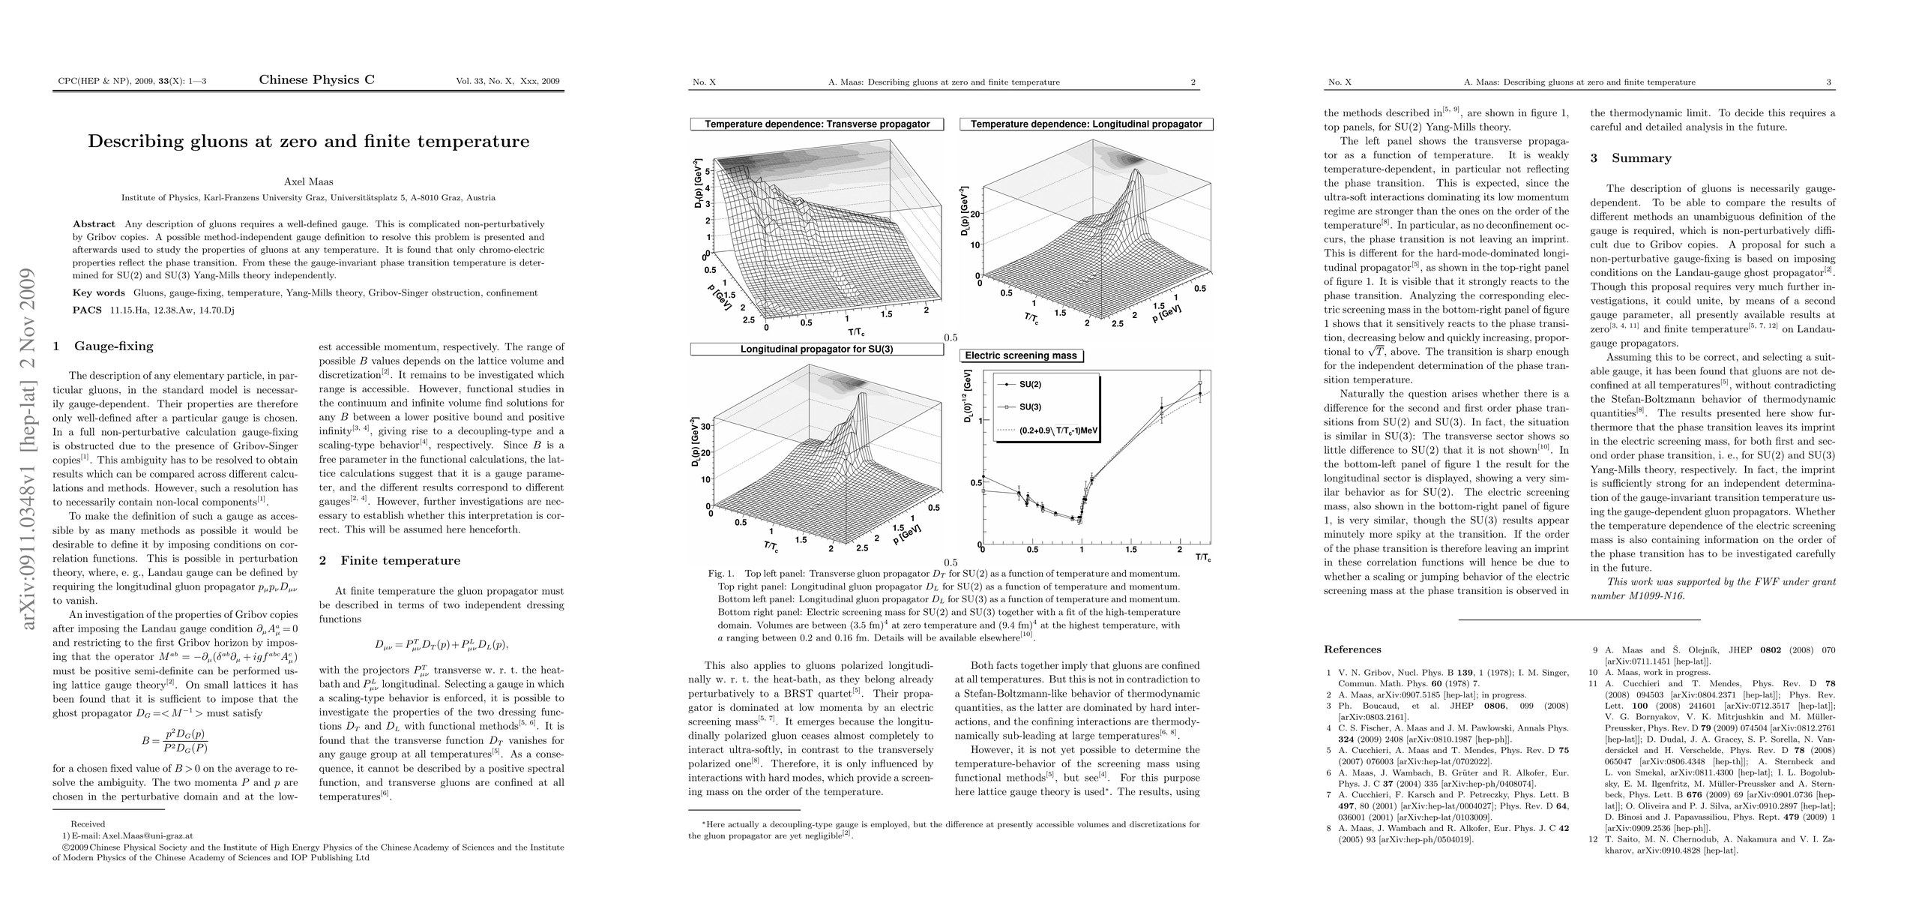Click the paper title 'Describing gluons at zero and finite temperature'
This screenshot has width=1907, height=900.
point(308,142)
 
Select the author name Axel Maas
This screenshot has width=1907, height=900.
point(308,181)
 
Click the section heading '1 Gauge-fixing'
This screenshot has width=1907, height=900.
point(103,346)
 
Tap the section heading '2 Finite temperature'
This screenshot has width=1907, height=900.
point(389,561)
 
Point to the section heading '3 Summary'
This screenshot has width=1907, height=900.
point(1620,158)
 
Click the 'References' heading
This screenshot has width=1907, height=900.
point(1352,649)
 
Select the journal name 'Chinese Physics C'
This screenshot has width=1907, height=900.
point(316,80)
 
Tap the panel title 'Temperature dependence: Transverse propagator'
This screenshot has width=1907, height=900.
point(816,124)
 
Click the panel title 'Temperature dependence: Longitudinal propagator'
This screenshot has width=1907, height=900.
point(1085,124)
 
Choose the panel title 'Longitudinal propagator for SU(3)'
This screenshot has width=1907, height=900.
point(816,349)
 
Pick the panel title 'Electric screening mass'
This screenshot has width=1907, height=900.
point(1020,356)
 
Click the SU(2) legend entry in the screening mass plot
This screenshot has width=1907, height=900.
point(1029,384)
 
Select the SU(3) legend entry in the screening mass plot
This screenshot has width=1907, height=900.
point(1029,407)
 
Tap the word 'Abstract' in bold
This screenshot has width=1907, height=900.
point(94,224)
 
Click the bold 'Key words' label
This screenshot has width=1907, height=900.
point(98,293)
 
